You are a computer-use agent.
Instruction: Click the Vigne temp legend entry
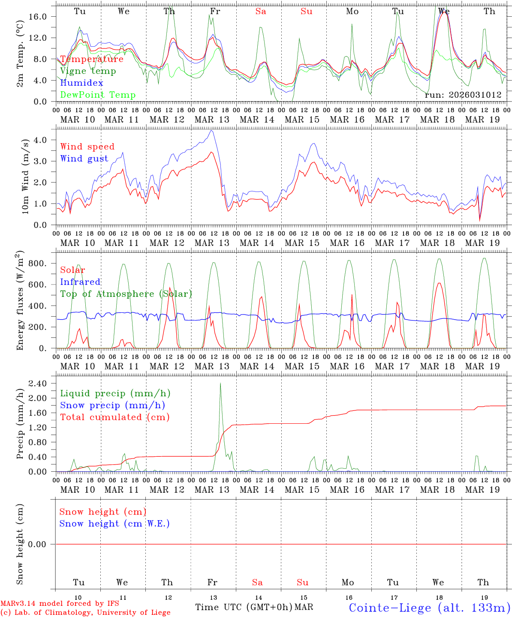88,71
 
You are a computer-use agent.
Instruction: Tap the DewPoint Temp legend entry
98,95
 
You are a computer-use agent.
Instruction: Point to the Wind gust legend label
84,159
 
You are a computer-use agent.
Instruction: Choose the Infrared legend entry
80,282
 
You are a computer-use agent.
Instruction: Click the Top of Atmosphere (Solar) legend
126,294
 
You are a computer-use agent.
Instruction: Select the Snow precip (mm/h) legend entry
112,405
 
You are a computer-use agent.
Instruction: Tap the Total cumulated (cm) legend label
114,417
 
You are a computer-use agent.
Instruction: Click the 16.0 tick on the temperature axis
43,16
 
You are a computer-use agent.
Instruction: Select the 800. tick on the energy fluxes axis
42,263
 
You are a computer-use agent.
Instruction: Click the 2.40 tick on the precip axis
43,383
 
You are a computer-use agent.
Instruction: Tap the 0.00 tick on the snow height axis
43,544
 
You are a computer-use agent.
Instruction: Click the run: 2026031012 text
463,95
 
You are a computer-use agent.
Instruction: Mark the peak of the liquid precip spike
220,383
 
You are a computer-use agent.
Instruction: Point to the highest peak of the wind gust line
211,130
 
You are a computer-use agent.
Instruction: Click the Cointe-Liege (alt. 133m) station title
429,608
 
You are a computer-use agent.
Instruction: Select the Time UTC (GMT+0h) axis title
244,607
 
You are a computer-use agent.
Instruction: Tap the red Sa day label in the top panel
261,12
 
